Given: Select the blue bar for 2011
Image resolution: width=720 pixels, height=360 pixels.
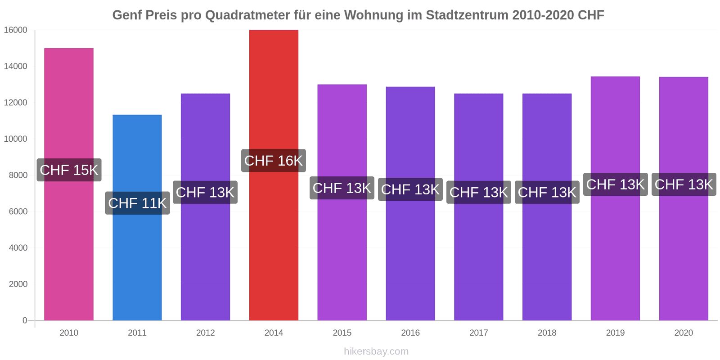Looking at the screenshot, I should (137, 261).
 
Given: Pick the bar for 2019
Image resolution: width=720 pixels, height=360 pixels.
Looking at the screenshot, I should (615, 252).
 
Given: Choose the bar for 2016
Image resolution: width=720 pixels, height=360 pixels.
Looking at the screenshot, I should (410, 252).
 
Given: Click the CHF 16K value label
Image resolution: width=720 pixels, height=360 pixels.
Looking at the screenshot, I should (274, 161).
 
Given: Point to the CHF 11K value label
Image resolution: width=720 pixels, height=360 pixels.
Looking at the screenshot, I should (137, 203).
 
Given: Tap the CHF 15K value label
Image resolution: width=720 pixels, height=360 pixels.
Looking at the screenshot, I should (69, 170).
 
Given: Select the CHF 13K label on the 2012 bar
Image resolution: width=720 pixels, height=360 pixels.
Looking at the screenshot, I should (205, 192).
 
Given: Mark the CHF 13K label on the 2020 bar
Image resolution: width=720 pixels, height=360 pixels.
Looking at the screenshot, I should (684, 184).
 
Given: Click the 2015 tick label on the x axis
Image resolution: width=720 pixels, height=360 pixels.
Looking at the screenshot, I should (342, 333).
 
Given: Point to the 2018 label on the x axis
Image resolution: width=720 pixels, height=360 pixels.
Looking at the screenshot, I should (547, 333).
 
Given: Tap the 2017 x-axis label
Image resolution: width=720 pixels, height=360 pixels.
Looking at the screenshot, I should (478, 333).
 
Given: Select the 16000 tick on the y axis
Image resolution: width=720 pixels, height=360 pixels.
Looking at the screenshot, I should (16, 30).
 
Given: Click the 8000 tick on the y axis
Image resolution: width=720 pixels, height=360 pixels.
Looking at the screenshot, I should (18, 175).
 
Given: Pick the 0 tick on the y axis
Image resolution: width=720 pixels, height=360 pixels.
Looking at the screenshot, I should (25, 320).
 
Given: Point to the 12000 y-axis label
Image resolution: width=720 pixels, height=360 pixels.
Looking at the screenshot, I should (16, 103).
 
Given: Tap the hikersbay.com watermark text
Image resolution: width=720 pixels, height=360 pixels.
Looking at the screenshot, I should (376, 351).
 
